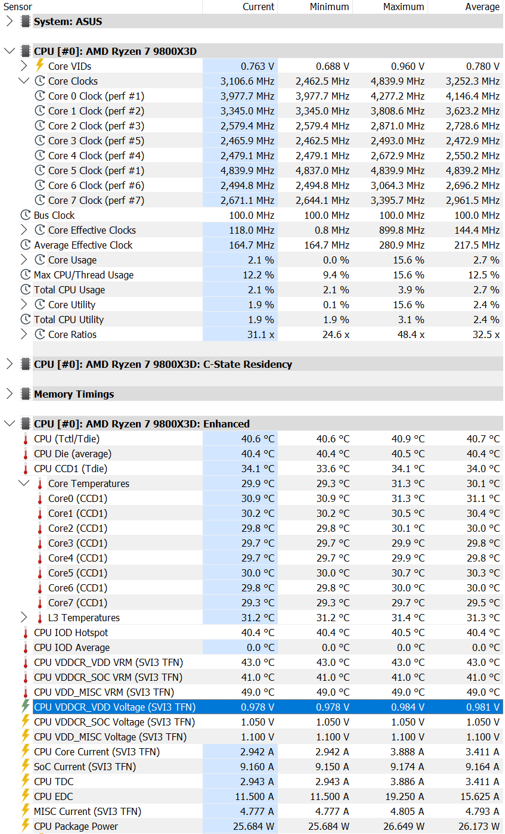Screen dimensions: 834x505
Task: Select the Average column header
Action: click(482, 7)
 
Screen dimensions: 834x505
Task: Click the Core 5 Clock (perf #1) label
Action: click(96, 170)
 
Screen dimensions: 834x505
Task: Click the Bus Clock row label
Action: click(54, 215)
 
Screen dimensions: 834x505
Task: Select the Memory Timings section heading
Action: click(74, 394)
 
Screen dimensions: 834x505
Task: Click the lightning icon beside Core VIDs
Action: click(40, 66)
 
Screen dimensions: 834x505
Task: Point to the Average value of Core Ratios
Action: click(486, 334)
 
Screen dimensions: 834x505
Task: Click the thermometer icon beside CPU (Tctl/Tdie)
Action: click(26, 439)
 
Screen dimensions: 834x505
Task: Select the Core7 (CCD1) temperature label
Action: click(78, 603)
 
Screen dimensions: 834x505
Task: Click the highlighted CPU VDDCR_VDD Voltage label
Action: click(114, 707)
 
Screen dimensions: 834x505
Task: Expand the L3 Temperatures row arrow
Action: click(24, 618)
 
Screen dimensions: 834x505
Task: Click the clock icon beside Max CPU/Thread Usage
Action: click(26, 275)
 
